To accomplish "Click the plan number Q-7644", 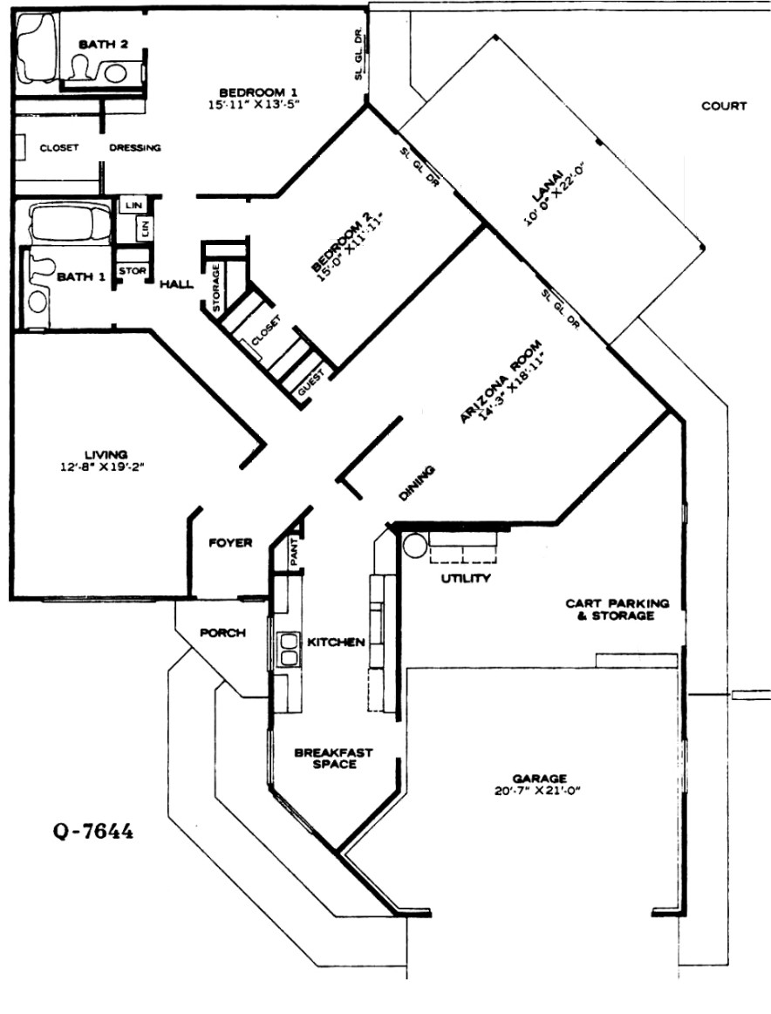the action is click(x=93, y=831).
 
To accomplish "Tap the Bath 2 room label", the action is click(x=103, y=44).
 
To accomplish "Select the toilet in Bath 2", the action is click(x=81, y=66).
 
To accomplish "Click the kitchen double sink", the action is click(x=288, y=650).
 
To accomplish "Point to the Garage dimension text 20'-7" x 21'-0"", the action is click(x=538, y=791).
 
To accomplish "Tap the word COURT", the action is click(x=724, y=106).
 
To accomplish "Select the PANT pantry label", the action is click(x=295, y=552).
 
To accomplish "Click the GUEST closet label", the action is click(x=311, y=385).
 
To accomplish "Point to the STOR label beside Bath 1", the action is click(x=133, y=270).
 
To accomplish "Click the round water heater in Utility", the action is click(x=412, y=545).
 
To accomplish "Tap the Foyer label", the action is click(x=230, y=542).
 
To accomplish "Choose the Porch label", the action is click(x=222, y=632).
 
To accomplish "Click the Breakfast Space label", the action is click(x=334, y=759).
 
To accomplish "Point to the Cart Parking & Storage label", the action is click(x=617, y=609).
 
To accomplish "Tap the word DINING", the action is click(x=417, y=484).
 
